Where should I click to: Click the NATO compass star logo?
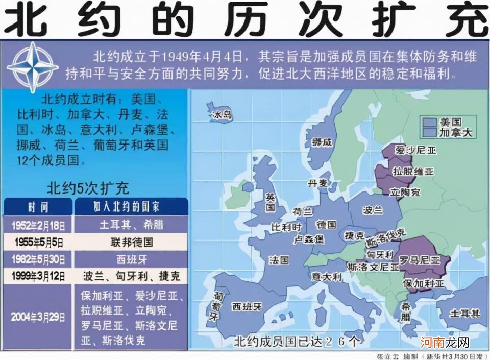point(33,67)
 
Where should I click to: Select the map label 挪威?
point(322,142)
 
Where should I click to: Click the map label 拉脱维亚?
point(412,172)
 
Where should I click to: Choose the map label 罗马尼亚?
point(420,260)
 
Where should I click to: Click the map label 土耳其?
point(464,313)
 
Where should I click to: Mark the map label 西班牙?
point(247,306)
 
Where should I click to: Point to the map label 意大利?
point(327,277)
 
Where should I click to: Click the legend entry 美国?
point(450,123)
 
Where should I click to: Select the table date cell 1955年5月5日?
point(39,242)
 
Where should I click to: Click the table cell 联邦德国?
point(131,242)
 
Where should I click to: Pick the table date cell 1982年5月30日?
point(39,259)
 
